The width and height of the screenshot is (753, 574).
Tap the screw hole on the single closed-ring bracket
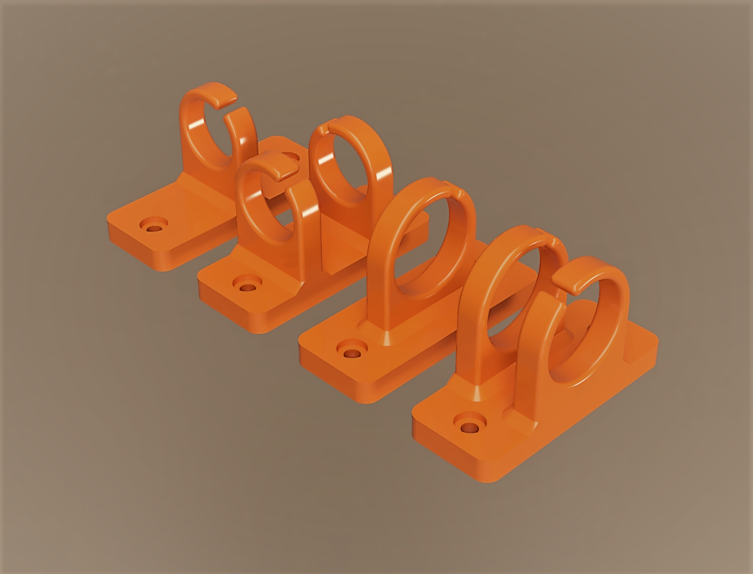click(352, 353)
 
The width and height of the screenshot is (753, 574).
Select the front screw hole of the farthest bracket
click(154, 227)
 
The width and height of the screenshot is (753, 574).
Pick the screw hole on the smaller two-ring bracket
click(246, 287)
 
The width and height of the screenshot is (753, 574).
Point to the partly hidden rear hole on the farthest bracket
click(291, 157)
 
